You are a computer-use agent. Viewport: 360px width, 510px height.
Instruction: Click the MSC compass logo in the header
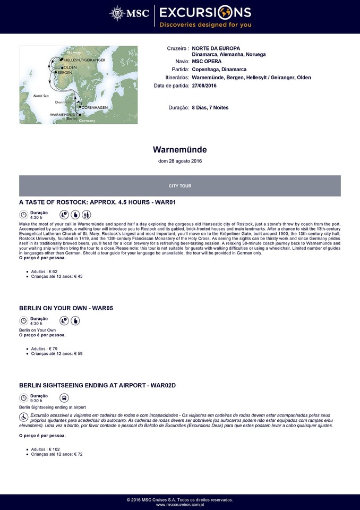click(x=117, y=13)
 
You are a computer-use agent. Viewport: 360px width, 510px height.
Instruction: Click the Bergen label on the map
click(x=65, y=73)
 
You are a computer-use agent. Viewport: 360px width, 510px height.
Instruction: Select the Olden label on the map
click(x=71, y=67)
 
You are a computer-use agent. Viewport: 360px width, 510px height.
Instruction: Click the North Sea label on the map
click(x=41, y=96)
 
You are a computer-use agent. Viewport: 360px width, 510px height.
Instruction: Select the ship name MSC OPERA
click(x=207, y=62)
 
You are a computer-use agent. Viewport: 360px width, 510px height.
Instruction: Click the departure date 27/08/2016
click(x=204, y=85)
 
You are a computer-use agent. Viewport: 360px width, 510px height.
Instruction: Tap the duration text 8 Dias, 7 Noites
click(x=210, y=107)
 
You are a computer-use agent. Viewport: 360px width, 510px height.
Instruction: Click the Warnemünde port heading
click(x=180, y=150)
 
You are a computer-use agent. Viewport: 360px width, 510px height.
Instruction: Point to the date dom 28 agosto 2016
click(x=180, y=161)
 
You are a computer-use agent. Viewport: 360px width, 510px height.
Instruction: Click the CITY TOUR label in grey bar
click(x=180, y=186)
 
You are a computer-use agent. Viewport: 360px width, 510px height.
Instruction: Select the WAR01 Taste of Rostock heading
click(x=97, y=203)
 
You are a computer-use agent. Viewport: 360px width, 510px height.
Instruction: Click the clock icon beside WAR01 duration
click(x=23, y=215)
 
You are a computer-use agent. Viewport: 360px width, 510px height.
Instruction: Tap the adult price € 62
click(x=44, y=271)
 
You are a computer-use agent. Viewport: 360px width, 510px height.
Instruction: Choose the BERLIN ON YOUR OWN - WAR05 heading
click(x=66, y=308)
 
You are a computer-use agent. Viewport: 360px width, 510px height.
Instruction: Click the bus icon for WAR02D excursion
click(x=64, y=398)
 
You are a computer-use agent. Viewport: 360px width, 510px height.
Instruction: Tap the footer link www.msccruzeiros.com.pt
click(x=180, y=505)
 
